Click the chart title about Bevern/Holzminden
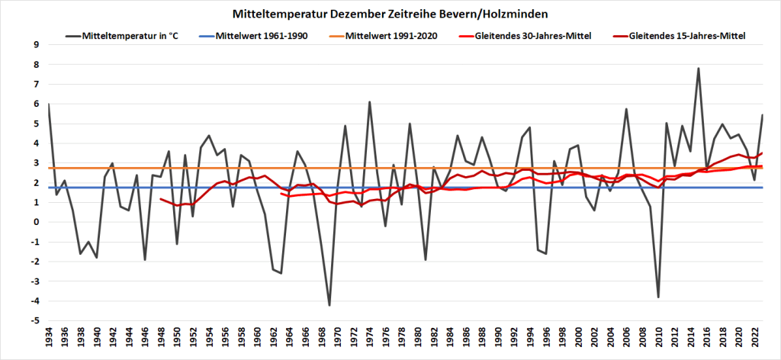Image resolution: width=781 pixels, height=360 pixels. [390, 14]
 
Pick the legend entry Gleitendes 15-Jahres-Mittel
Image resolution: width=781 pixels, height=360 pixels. [687, 35]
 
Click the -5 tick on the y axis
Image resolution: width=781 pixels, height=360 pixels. [34, 321]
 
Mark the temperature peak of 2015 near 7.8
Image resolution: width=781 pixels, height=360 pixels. [698, 69]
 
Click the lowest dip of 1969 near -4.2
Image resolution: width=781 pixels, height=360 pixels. [329, 305]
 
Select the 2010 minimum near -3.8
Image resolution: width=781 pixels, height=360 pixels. [658, 297]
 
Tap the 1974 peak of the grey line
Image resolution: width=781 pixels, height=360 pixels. [370, 102]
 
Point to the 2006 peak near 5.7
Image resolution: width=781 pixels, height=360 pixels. [626, 109]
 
